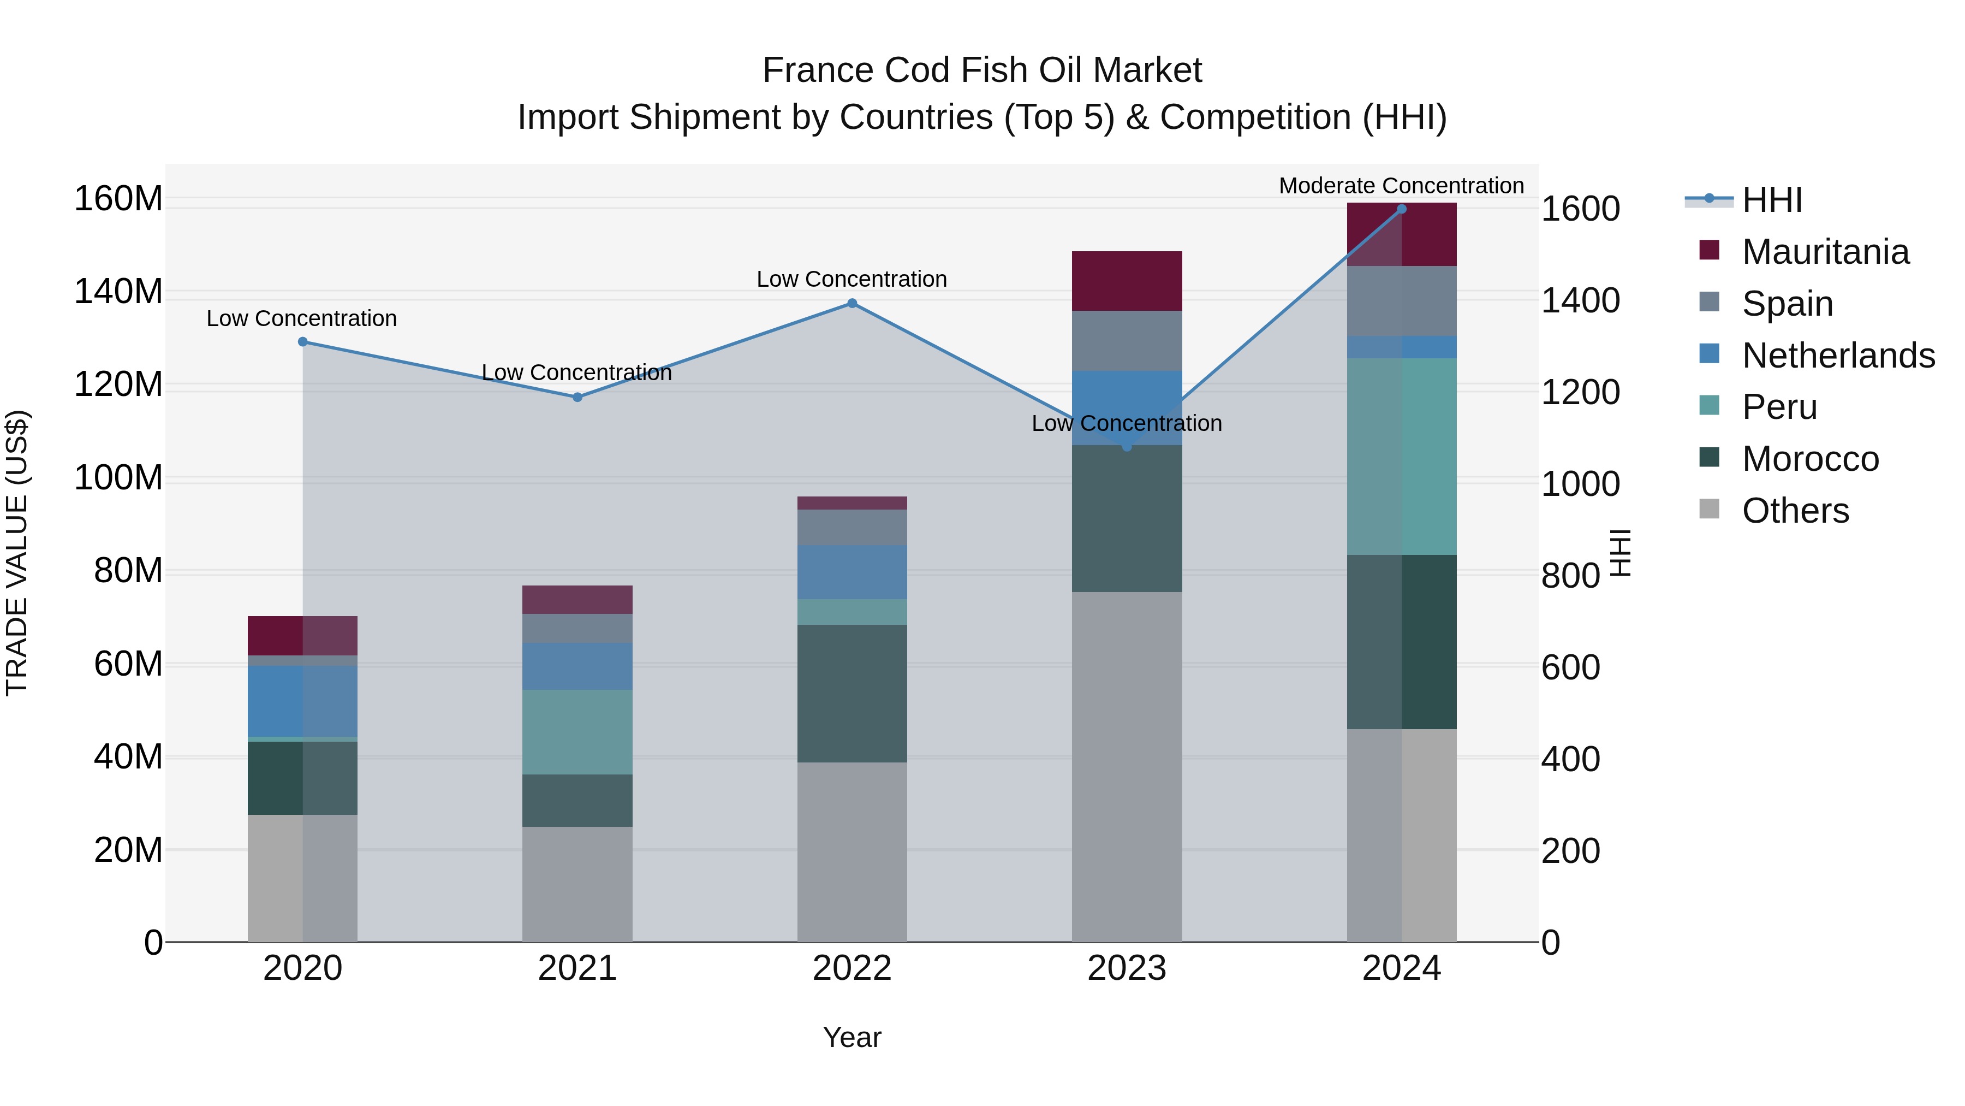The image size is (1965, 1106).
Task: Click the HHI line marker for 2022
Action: (852, 303)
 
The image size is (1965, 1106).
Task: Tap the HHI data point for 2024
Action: (1401, 209)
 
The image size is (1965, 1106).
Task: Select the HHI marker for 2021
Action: (577, 397)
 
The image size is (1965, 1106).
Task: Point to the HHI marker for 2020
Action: (303, 342)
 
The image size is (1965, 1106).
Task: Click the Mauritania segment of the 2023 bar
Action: (1127, 281)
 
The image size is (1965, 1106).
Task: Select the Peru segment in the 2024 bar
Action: (1401, 457)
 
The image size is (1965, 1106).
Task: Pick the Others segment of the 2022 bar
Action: (852, 851)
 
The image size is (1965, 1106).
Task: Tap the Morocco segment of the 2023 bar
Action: (1127, 518)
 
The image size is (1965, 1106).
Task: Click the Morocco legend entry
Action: (1809, 459)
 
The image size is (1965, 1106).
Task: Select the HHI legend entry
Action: (1771, 200)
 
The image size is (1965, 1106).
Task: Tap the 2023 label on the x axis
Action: (1127, 968)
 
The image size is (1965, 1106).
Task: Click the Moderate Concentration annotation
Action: (1401, 186)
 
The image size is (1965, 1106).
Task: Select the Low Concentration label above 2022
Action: (851, 279)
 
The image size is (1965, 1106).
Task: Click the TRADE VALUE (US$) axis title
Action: (17, 553)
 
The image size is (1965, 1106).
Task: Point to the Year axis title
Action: (852, 1037)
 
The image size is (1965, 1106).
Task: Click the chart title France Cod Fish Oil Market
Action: (982, 70)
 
